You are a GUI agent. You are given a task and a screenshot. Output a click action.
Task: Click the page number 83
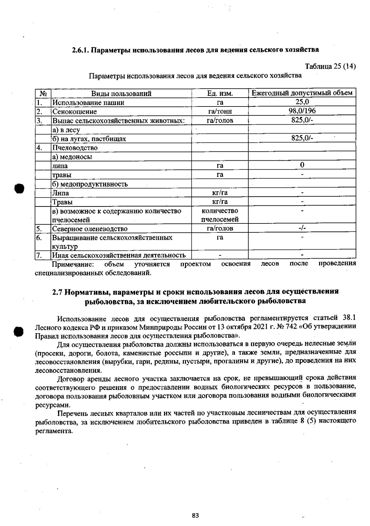(x=195, y=489)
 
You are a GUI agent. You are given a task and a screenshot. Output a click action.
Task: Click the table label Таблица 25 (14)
(x=330, y=66)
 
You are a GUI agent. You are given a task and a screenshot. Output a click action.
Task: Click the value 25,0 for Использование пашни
(x=302, y=102)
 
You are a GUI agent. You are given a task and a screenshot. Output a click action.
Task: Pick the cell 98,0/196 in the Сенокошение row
(x=302, y=111)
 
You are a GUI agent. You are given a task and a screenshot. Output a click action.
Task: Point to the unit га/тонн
(x=220, y=111)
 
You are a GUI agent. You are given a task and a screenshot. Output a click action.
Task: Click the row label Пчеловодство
(x=75, y=148)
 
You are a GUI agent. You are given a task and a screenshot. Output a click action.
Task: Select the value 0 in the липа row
(x=302, y=165)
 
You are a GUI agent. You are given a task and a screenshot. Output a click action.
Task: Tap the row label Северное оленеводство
(x=90, y=229)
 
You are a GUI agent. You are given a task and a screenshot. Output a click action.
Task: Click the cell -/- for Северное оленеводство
(x=302, y=228)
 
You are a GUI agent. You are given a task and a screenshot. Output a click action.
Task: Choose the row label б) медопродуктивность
(x=90, y=184)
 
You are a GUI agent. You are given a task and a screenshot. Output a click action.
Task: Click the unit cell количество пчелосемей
(x=220, y=215)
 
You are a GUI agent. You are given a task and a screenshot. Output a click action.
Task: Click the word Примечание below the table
(x=73, y=264)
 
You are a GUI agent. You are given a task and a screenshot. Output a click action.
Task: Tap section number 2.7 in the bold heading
(x=57, y=291)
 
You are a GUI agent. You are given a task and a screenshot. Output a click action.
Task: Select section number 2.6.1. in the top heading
(x=81, y=50)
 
